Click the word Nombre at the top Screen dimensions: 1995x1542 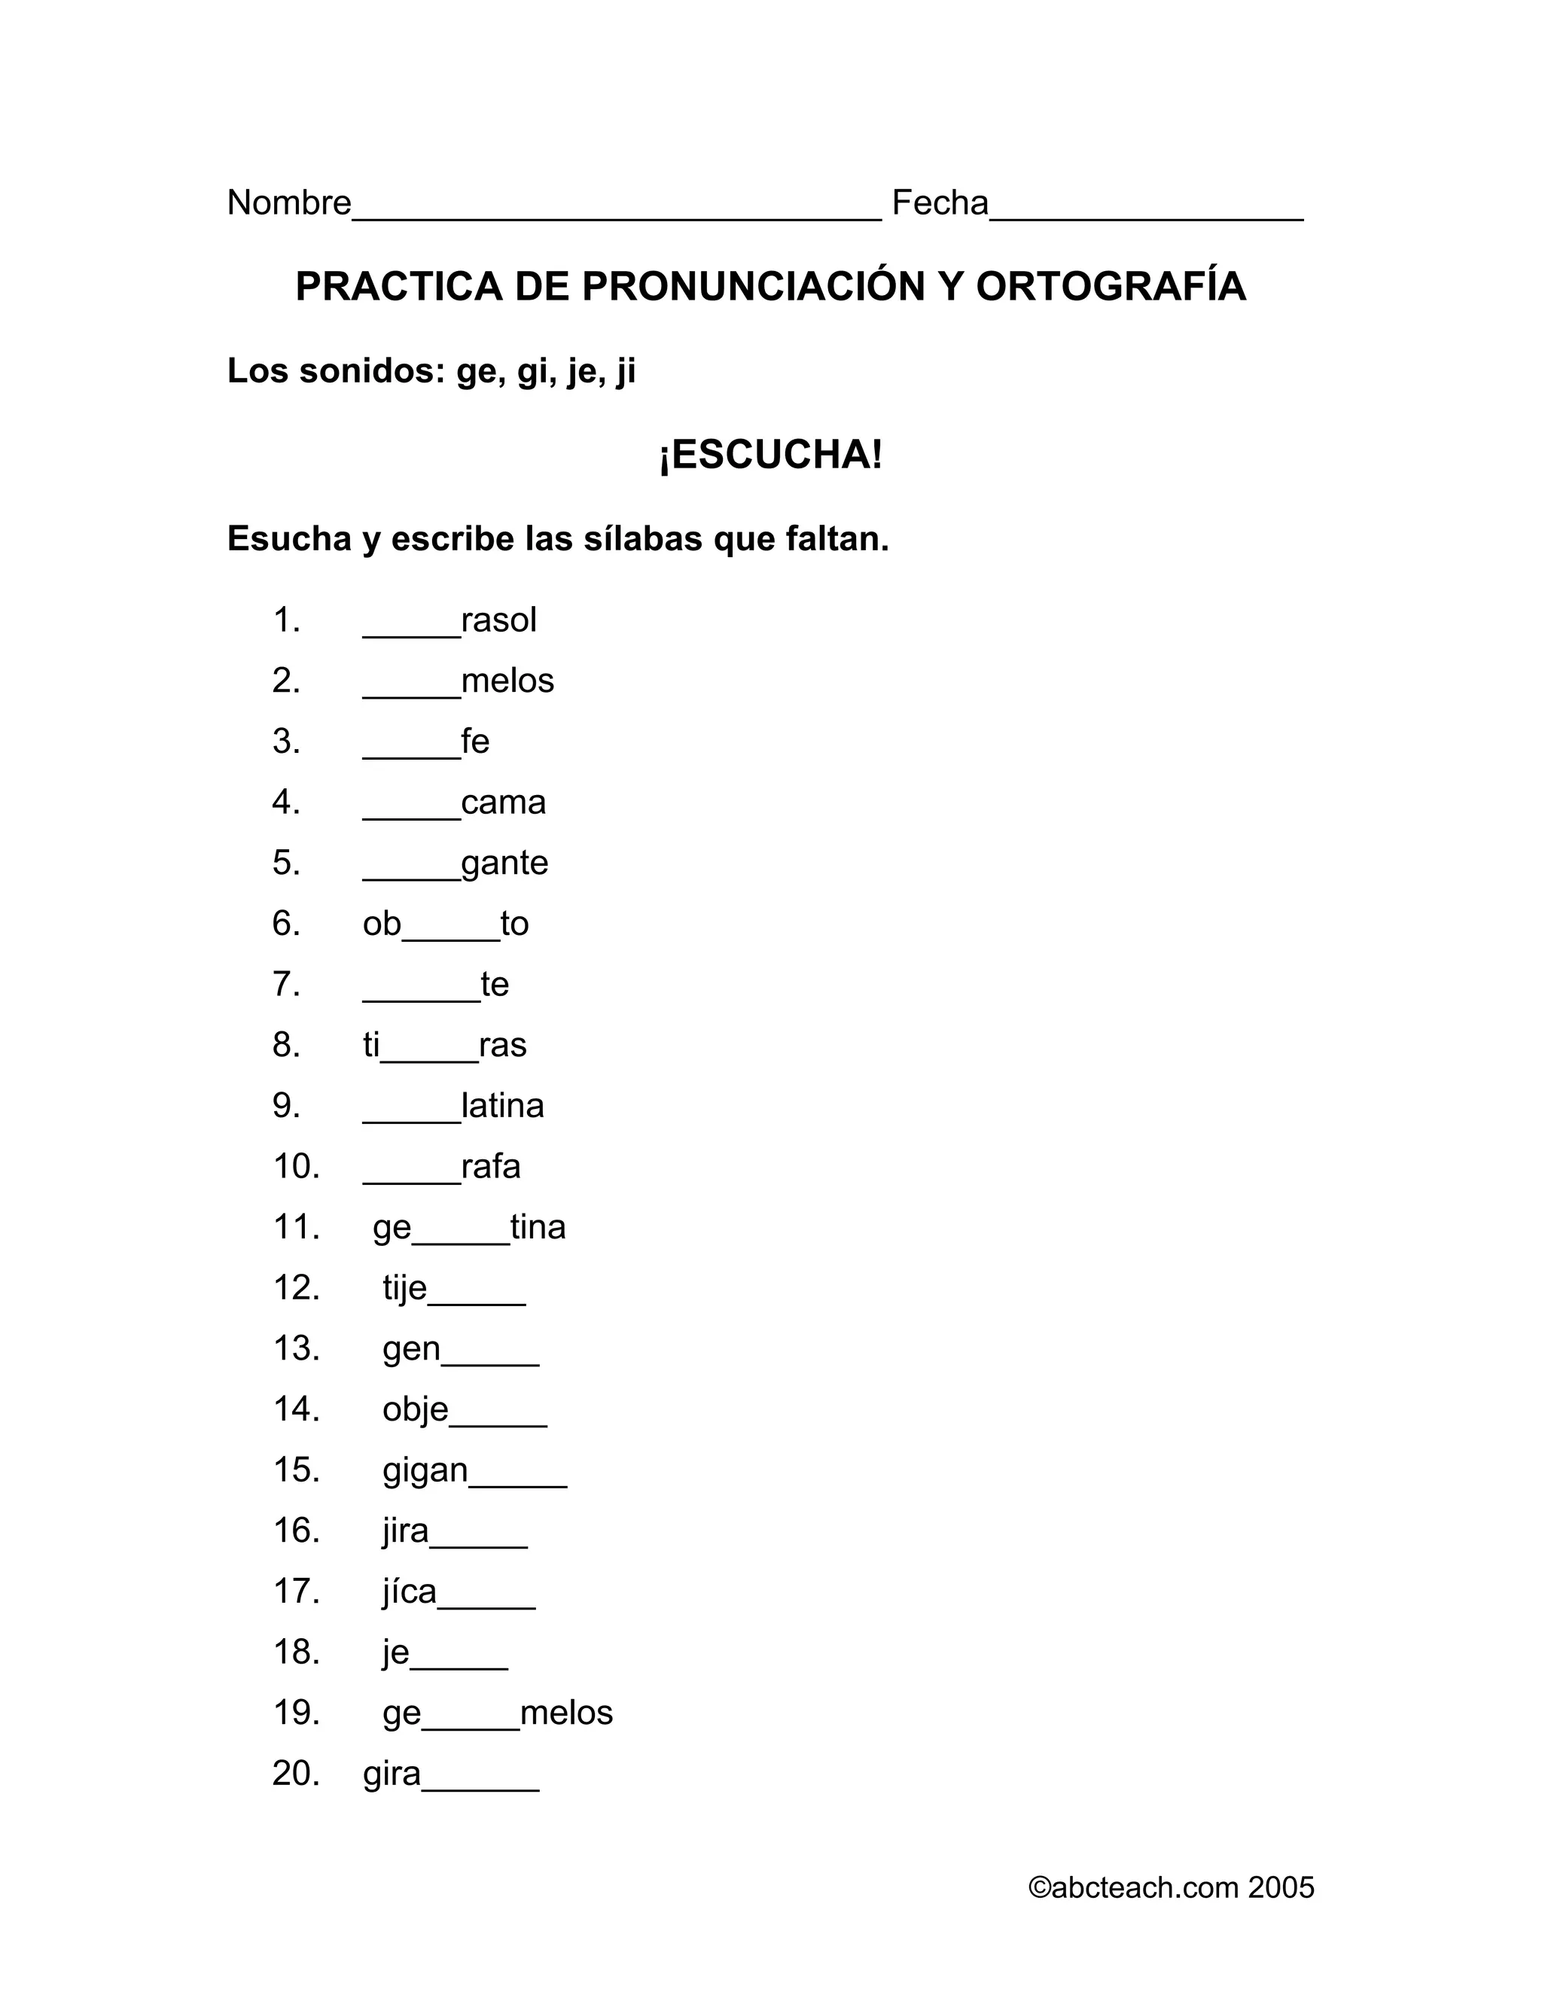[x=288, y=203]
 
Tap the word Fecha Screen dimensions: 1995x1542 [x=940, y=203]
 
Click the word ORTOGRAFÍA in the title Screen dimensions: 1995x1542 [x=1111, y=286]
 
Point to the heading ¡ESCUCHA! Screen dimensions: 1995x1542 [x=771, y=455]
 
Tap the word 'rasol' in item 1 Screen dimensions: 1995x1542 [x=498, y=620]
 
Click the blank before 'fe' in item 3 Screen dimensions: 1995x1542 [x=411, y=751]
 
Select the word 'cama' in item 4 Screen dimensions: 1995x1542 [x=504, y=803]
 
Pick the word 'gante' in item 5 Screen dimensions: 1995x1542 [x=504, y=863]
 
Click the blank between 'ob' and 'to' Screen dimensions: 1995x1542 [x=450, y=934]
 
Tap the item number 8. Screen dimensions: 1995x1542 [x=286, y=1045]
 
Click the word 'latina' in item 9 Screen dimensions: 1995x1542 [x=502, y=1106]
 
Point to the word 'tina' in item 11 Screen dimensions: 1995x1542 [x=538, y=1228]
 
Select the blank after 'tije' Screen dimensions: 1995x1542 [x=476, y=1298]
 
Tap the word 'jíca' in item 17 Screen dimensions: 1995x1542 [x=410, y=1592]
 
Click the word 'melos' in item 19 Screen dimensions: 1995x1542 [x=566, y=1713]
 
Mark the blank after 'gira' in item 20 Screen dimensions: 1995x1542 [x=480, y=1784]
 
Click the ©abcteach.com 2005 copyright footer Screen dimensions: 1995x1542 [x=1171, y=1888]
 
